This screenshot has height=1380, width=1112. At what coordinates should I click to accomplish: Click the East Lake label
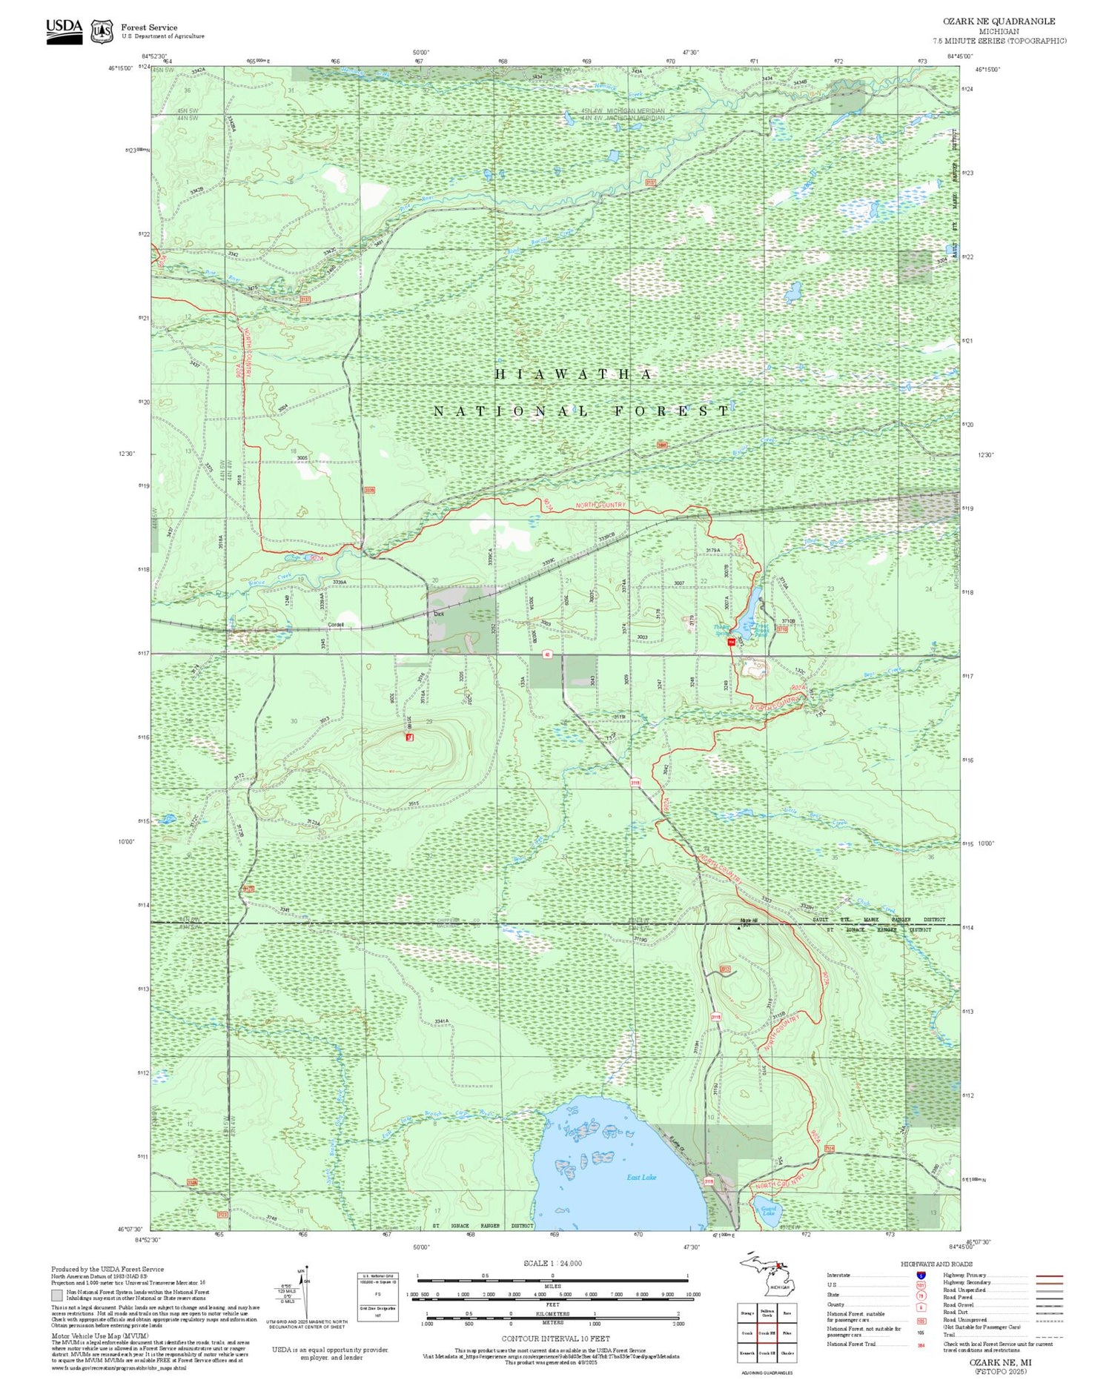pos(641,1177)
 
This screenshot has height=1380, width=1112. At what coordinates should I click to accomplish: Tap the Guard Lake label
pos(768,1211)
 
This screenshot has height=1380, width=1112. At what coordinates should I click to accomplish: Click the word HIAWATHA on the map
pos(574,374)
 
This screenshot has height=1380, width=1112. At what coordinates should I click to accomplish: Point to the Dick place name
pos(439,614)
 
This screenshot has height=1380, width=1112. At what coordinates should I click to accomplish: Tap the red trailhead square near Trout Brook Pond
pos(731,642)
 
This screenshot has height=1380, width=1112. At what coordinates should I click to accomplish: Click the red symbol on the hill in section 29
pos(408,737)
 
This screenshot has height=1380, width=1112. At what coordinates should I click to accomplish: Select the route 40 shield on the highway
pos(546,654)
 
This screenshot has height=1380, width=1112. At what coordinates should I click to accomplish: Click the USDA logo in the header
pos(64,30)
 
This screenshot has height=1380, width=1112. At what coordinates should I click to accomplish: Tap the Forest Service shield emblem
pos(102,32)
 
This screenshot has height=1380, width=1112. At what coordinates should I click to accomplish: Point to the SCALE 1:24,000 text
pos(552,1263)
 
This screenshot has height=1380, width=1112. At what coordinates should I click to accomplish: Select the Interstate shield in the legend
pos(920,1275)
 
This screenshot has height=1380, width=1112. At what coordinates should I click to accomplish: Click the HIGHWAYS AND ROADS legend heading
pos(936,1264)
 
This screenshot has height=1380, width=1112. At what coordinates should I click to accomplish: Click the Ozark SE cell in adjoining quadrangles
pos(767,1353)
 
